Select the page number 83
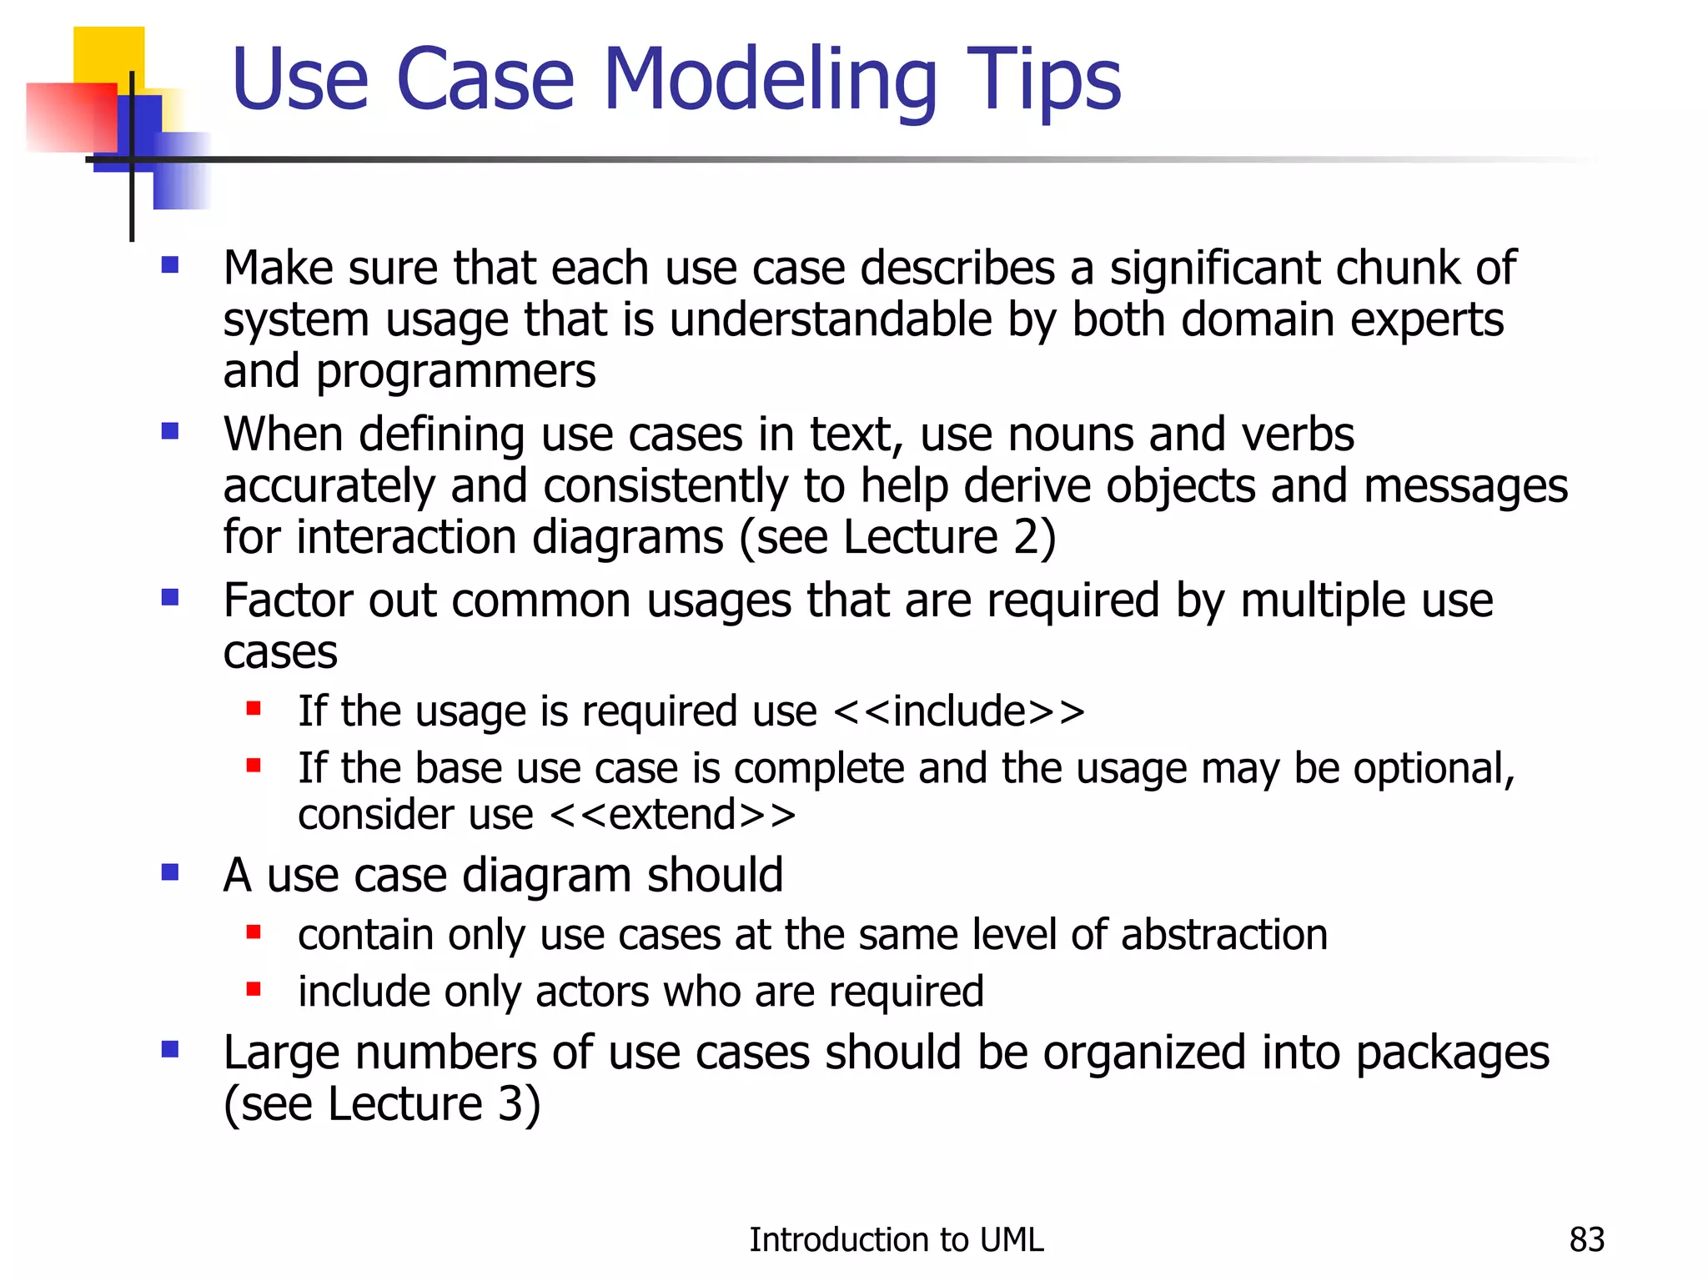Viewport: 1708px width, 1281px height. pos(1586,1240)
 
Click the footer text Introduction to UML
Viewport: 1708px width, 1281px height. pos(896,1240)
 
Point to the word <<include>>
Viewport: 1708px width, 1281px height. pos(959,711)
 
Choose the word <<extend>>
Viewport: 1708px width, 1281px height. pos(673,815)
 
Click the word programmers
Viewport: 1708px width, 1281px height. pos(456,372)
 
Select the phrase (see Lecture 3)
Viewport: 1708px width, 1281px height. pos(382,1104)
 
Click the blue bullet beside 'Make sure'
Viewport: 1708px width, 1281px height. pos(171,266)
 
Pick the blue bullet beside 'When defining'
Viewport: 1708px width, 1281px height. pos(171,432)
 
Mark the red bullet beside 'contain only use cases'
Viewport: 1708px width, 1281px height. pos(254,932)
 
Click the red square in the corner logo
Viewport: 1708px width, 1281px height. pos(71,117)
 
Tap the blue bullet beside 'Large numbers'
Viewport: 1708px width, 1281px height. pos(171,1049)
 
